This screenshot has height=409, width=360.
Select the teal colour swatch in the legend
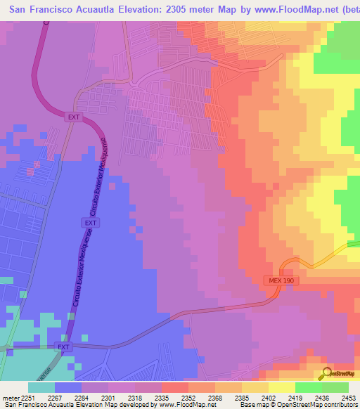[41, 387]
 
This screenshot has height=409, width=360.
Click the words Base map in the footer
[251, 404]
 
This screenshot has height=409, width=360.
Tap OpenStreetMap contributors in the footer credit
[320, 404]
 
